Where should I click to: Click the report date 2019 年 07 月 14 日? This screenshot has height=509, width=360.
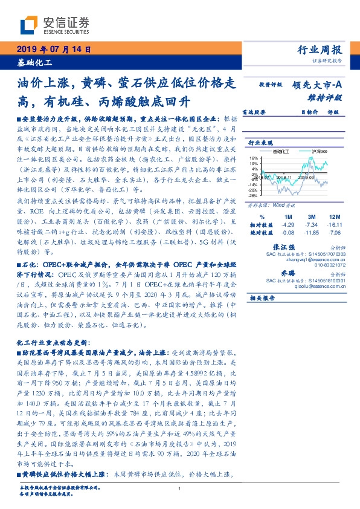click(53, 50)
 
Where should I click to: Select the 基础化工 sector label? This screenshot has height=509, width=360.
click(34, 63)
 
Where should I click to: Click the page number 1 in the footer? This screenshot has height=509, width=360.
click(180, 488)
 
